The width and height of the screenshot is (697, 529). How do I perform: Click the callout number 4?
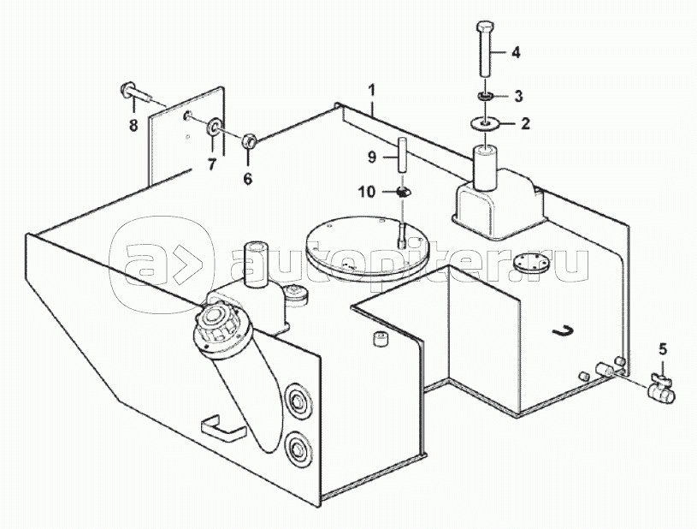[515, 52]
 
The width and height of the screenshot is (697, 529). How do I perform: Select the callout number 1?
[371, 91]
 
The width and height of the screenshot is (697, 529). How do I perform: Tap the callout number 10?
[367, 193]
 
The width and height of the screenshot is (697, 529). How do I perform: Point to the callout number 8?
[133, 126]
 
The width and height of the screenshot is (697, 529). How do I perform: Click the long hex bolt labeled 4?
[486, 49]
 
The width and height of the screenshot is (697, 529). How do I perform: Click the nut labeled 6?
[249, 142]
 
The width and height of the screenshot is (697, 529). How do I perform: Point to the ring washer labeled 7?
[213, 127]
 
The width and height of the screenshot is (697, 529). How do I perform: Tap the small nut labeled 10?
[403, 193]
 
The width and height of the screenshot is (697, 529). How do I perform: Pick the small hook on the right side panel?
[564, 330]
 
